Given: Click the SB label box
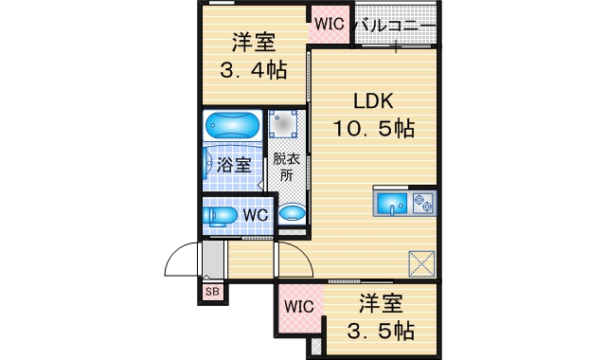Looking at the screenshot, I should click(x=210, y=293).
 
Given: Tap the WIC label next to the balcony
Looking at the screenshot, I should click(x=330, y=24).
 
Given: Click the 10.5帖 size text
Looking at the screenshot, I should click(x=373, y=129).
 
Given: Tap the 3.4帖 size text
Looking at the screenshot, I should click(x=254, y=69).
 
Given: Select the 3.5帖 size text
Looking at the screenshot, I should click(x=381, y=331).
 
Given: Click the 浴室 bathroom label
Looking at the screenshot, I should click(x=234, y=164).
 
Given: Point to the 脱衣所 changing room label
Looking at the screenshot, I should click(x=282, y=168).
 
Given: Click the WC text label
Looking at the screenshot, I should click(x=256, y=215).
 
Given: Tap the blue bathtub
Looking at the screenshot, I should click(x=232, y=126).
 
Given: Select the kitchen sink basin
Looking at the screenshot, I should click(x=391, y=203).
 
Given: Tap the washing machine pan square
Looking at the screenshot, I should click(x=284, y=124).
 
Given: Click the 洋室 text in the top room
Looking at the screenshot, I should click(x=254, y=42).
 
